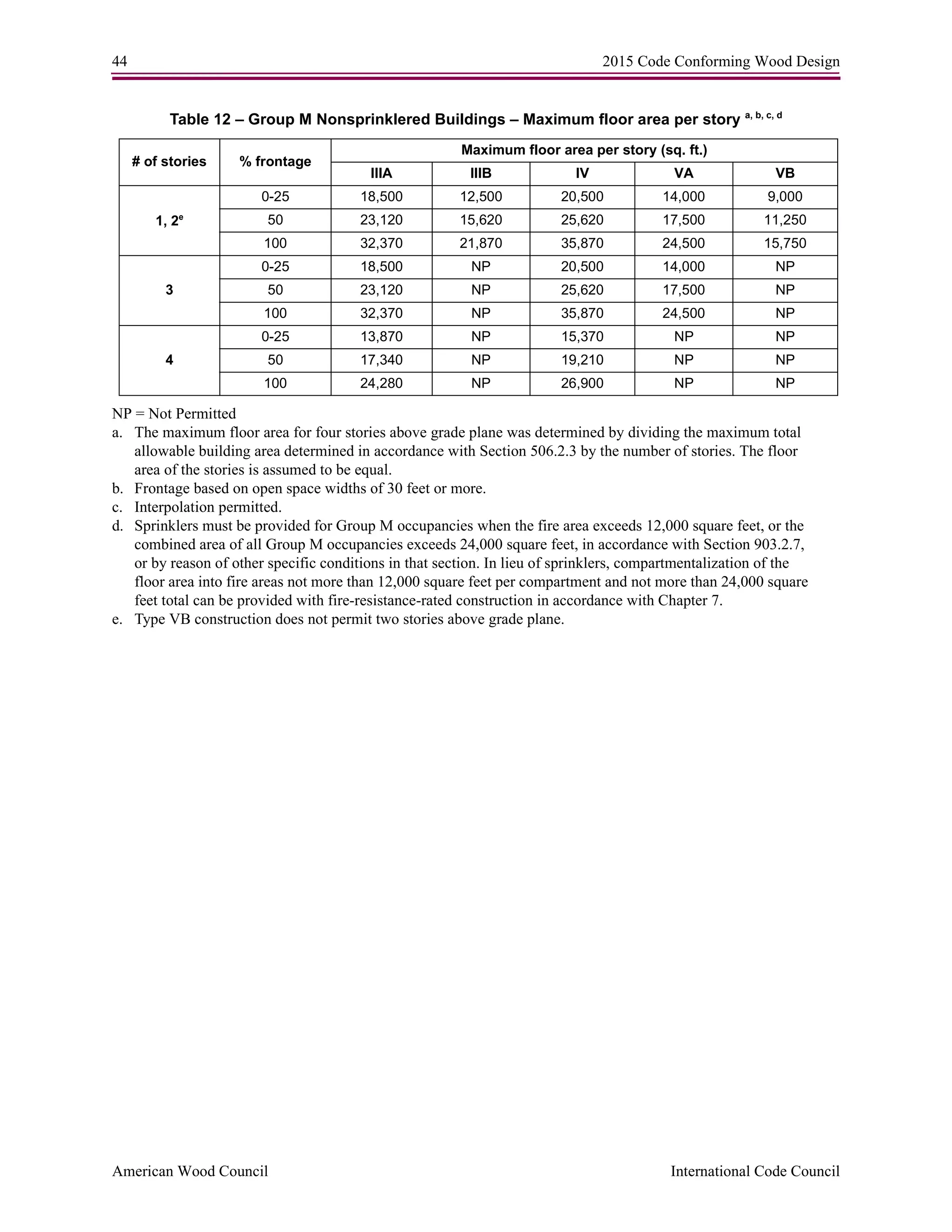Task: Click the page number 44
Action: click(x=119, y=61)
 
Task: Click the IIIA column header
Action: click(x=381, y=173)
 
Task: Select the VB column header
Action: click(x=785, y=173)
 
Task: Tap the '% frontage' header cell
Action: click(x=275, y=162)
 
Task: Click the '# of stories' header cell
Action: click(x=169, y=162)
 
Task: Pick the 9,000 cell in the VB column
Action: click(x=785, y=197)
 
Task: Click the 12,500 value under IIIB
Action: click(x=481, y=197)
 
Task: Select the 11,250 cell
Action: click(x=785, y=220)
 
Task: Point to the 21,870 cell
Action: click(x=481, y=244)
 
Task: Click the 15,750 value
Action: click(x=785, y=244)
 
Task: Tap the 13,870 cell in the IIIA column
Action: click(x=381, y=337)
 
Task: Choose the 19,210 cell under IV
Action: click(x=582, y=360)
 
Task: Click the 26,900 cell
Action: click(x=582, y=384)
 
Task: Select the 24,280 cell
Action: click(x=381, y=384)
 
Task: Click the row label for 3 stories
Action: click(x=169, y=291)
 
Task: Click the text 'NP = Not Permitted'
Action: click(x=174, y=414)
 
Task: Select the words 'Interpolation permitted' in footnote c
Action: click(x=207, y=507)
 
